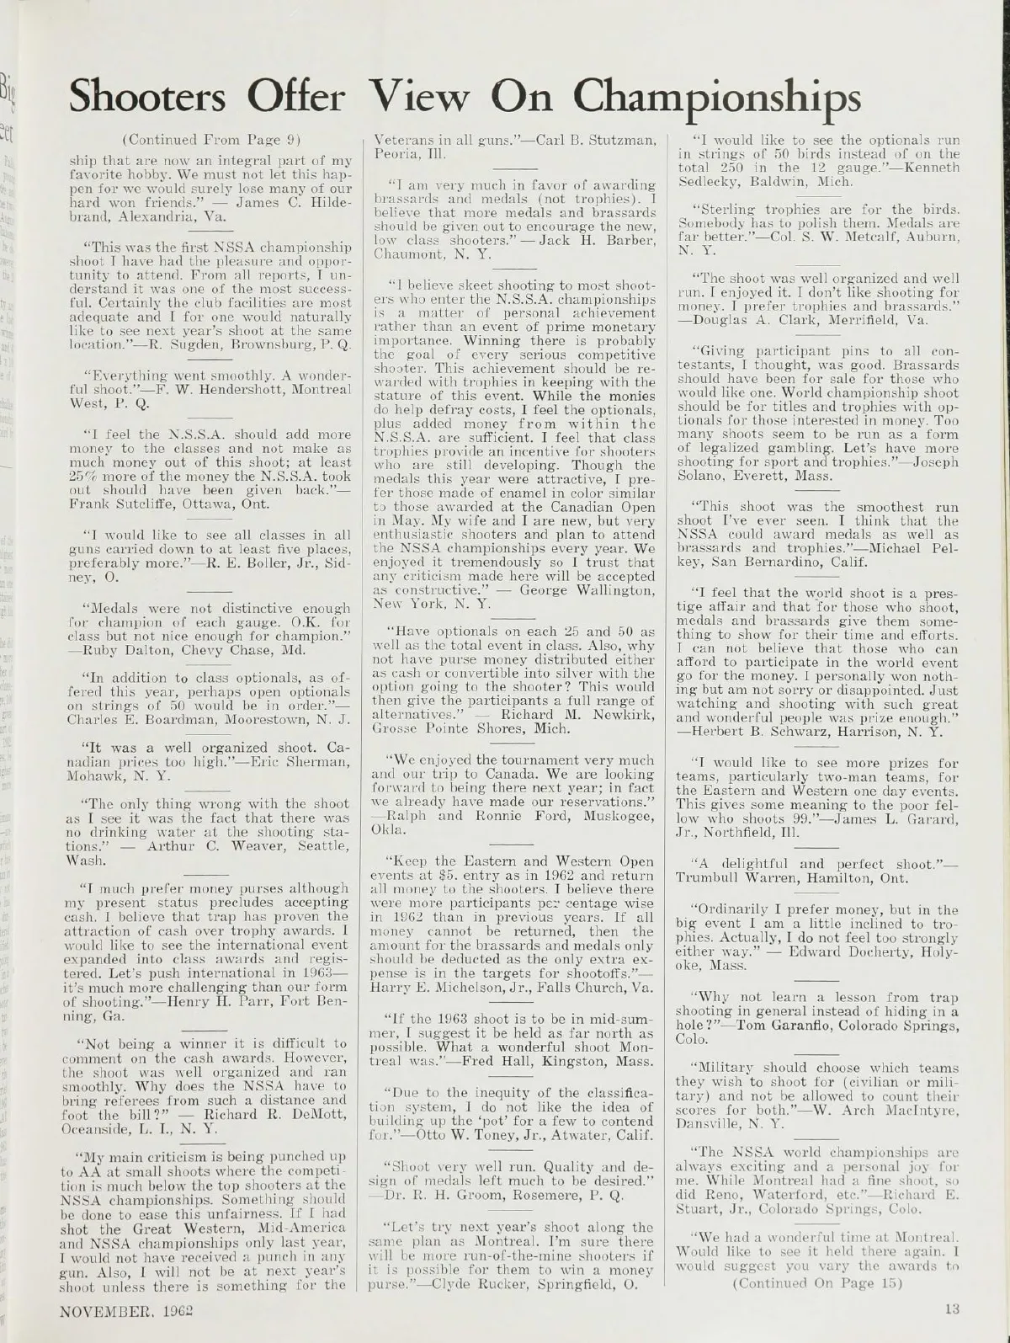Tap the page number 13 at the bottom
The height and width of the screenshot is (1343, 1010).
(x=951, y=1309)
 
